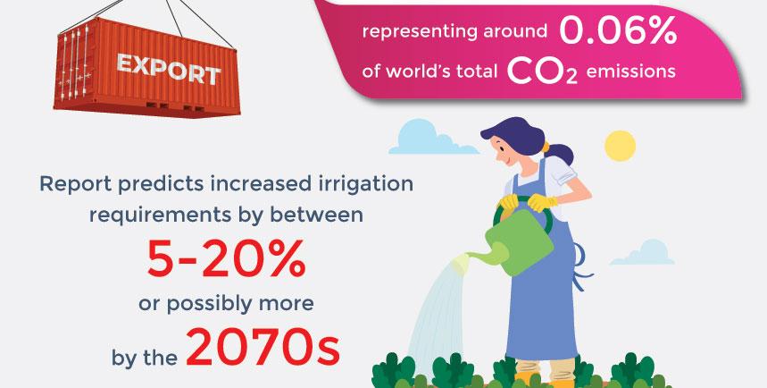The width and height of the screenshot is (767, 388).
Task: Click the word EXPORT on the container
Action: (168, 69)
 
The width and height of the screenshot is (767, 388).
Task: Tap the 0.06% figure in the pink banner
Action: (618, 31)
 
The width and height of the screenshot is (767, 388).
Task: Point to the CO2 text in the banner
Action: (542, 72)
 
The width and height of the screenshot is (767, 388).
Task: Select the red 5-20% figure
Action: (226, 258)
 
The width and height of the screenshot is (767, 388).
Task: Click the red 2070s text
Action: (263, 349)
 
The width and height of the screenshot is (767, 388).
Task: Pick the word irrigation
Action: (366, 184)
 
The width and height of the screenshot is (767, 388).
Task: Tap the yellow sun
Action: (620, 146)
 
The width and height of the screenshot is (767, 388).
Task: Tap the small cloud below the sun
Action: (643, 253)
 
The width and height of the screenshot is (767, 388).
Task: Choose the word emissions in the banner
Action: (630, 72)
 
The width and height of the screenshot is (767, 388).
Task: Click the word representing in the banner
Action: (418, 32)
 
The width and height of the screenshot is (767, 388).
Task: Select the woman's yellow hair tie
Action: (546, 147)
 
